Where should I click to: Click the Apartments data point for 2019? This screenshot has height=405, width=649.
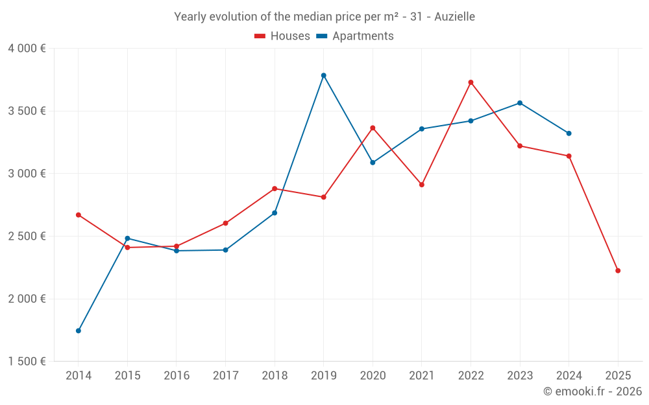323,75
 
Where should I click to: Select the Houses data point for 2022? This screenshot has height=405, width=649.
471,82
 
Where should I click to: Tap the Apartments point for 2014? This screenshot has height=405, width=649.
79,330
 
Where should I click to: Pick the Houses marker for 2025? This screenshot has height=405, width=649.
618,271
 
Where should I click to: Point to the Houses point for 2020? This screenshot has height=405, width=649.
373,128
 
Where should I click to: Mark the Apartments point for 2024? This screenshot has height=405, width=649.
569,133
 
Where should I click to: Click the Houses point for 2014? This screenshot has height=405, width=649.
79,214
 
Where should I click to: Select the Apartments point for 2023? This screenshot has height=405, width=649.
520,103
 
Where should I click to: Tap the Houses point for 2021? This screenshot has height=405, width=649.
422,185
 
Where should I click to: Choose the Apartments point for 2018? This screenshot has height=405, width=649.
275,213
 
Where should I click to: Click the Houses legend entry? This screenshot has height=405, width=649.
282,36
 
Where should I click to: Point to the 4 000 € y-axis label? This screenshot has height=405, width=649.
27,49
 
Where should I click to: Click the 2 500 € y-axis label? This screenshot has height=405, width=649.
27,237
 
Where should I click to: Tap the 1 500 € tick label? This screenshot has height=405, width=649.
27,362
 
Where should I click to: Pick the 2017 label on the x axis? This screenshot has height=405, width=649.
225,376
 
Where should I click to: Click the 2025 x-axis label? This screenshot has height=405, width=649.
618,376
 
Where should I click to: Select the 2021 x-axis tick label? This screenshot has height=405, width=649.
422,376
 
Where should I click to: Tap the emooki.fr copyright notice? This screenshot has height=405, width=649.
593,391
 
